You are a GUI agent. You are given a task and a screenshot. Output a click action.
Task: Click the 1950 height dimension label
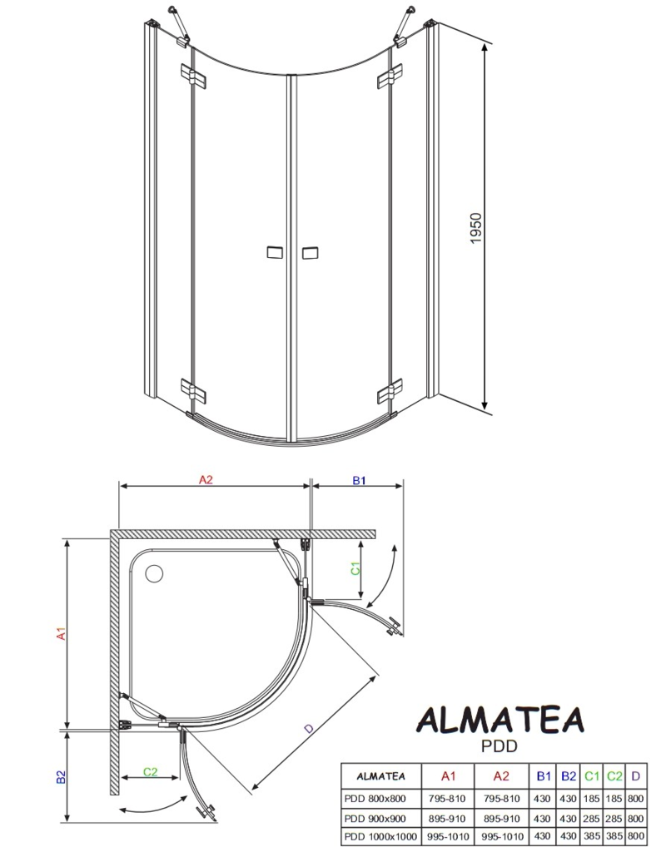(x=476, y=228)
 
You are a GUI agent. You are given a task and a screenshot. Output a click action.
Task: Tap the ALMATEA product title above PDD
(x=500, y=720)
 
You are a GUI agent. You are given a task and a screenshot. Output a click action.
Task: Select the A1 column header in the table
(x=448, y=776)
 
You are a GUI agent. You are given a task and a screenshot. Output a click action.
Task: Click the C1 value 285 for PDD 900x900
(x=591, y=819)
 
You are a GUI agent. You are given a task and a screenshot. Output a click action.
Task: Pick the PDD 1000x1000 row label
(x=380, y=837)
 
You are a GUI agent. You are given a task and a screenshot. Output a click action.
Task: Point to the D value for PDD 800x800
(x=635, y=799)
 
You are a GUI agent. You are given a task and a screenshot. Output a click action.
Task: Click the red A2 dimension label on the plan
(x=206, y=479)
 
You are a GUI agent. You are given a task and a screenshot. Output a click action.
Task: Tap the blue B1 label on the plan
(x=359, y=480)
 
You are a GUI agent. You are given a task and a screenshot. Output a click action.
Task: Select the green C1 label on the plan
(x=355, y=568)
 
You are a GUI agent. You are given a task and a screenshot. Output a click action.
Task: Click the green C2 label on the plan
(x=150, y=771)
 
